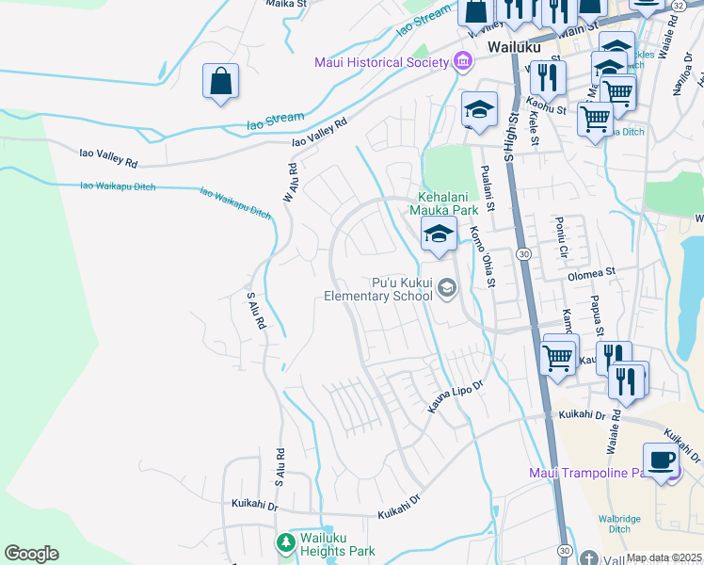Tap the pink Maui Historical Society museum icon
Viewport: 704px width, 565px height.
(462, 62)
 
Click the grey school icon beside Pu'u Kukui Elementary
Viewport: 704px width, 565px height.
(447, 288)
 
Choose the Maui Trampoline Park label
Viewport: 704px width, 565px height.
(592, 473)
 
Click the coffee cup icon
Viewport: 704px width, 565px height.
(661, 459)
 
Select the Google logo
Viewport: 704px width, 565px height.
(31, 554)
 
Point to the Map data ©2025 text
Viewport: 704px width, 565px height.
(664, 557)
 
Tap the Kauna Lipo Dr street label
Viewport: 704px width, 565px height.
(456, 387)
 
